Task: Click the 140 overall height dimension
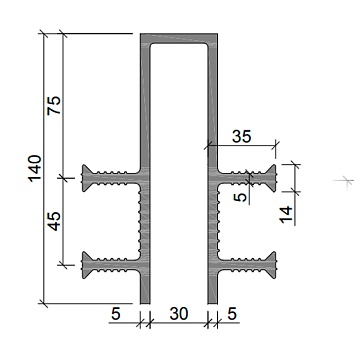[x=35, y=168]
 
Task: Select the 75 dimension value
[x=54, y=105]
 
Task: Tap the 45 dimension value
[x=54, y=221]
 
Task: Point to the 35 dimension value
[x=242, y=136]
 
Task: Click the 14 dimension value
[x=286, y=215]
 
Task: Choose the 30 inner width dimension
[x=179, y=314]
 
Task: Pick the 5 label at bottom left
[x=115, y=314]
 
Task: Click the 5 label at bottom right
[x=232, y=314]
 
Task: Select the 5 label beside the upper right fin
[x=241, y=197]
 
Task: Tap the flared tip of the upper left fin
[x=87, y=178]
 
